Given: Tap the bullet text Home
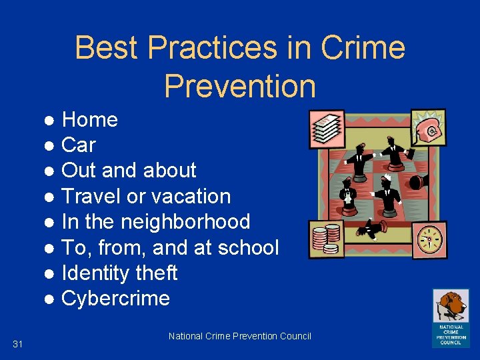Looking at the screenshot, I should pos(89,120).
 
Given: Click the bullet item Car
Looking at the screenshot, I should pos(79,145).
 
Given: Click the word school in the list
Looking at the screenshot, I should pos(249,248).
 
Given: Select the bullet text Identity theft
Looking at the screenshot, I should pos(119,273).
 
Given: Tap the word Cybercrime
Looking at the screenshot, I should pos(115,299).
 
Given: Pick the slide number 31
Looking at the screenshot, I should pos(18,344).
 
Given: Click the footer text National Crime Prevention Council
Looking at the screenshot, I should pos(240,336).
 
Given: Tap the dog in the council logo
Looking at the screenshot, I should pos(450,305).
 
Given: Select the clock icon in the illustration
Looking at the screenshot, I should pos(429,239).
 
